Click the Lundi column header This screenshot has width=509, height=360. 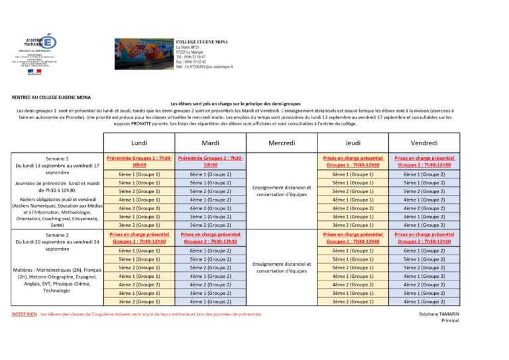[x=139, y=143]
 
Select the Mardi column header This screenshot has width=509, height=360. [x=211, y=143]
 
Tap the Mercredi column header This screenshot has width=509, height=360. [x=282, y=143]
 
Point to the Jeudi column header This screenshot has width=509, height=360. [x=353, y=143]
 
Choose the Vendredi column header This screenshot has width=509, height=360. [x=424, y=143]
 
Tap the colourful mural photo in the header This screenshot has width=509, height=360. [x=142, y=53]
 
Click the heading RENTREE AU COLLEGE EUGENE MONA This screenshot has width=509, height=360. [x=52, y=97]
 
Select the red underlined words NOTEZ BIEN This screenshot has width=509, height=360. [x=24, y=314]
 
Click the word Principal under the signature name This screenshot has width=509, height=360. [x=449, y=320]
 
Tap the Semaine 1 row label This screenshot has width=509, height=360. [x=57, y=158]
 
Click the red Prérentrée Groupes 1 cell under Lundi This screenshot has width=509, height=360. [x=139, y=161]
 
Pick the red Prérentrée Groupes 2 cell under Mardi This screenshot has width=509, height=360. [x=211, y=161]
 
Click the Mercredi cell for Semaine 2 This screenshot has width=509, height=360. [x=282, y=267]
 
